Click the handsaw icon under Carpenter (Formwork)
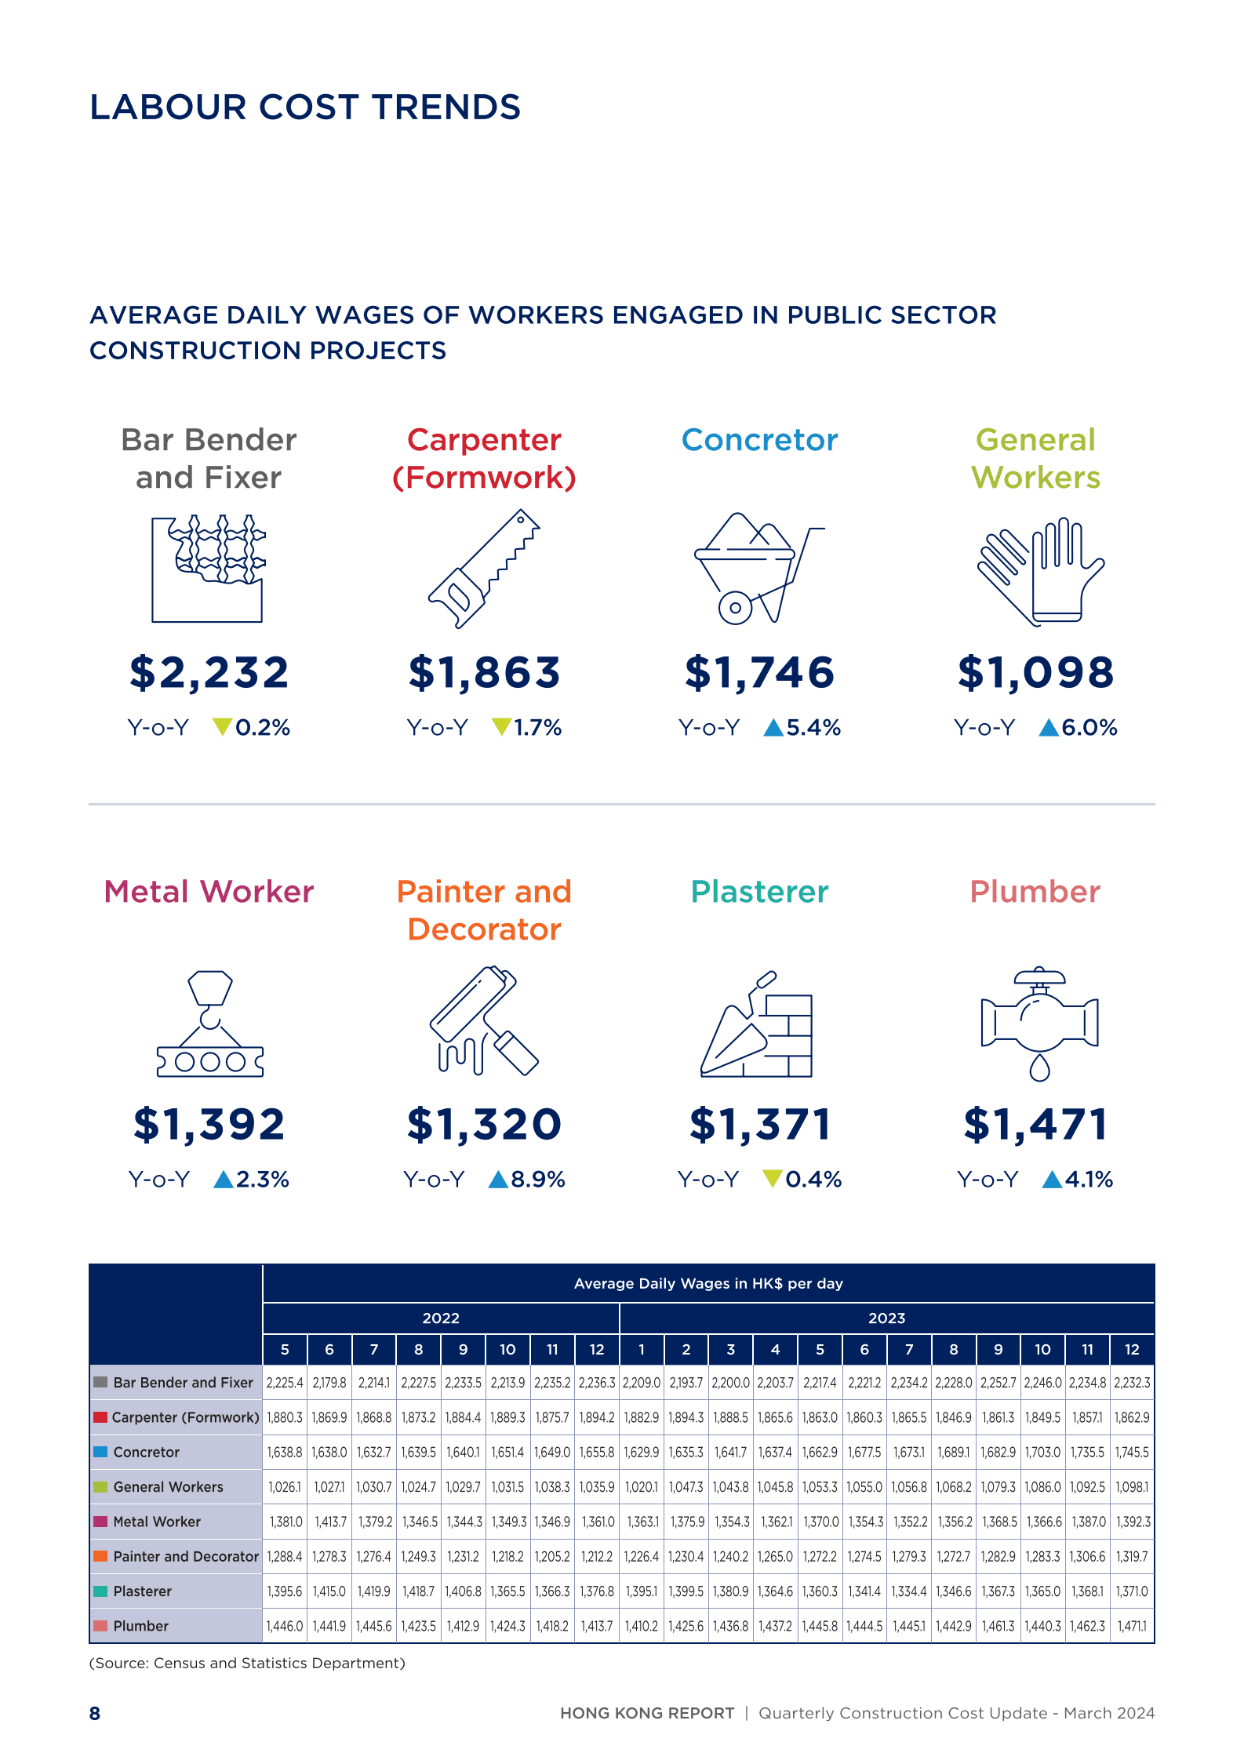484,569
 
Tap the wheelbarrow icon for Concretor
758,569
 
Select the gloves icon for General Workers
1040,570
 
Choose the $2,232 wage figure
209,673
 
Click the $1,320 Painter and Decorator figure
484,1125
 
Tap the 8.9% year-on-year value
538,1180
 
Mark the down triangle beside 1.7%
501,727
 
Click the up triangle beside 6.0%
1049,729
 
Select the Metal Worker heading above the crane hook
209,892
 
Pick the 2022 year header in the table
441,1318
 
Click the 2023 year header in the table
886,1318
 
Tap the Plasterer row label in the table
142,1591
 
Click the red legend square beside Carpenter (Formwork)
100,1417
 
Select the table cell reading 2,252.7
998,1383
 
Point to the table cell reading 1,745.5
1132,1453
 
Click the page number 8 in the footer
95,1714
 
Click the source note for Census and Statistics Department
247,1664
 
